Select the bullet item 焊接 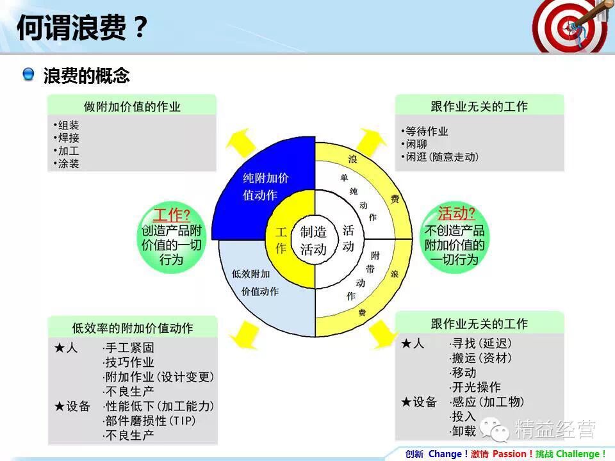point(69,138)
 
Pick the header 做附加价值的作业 point(132,106)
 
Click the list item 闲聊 point(416,144)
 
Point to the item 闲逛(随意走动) point(442,157)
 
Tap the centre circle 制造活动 point(313,240)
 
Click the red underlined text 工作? point(171,214)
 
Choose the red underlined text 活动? point(456,213)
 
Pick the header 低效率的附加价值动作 point(133,328)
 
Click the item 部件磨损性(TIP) point(149,421)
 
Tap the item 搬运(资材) point(480,358)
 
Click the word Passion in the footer point(511,454)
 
